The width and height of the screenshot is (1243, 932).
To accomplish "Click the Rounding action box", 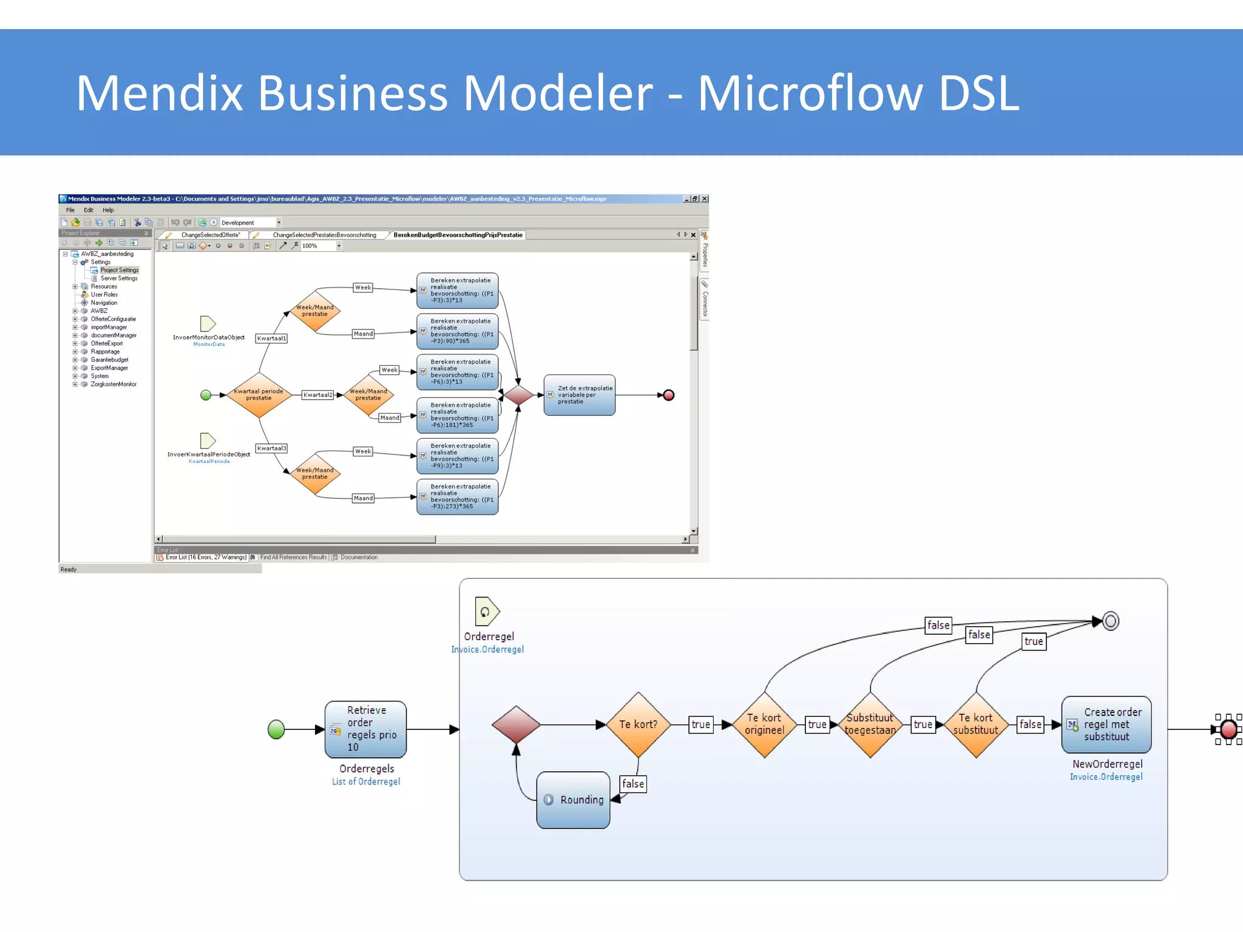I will (x=573, y=800).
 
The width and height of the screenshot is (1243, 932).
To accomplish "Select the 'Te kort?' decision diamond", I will (x=638, y=724).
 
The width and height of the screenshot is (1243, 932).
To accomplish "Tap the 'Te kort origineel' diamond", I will (x=764, y=724).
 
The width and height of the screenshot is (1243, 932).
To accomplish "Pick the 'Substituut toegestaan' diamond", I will (x=870, y=724).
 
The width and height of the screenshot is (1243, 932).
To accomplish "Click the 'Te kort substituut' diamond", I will (x=975, y=724).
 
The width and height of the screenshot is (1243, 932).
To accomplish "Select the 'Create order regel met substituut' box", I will (x=1106, y=724).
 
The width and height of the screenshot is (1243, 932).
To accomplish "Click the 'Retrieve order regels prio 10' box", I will (x=365, y=729).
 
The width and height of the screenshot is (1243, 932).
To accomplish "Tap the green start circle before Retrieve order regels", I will (x=276, y=729).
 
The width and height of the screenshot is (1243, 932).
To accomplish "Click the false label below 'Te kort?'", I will (x=633, y=784).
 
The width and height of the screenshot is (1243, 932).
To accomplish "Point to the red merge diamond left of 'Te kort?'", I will (x=516, y=724).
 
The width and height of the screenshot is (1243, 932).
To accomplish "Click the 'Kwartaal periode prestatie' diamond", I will (x=259, y=395).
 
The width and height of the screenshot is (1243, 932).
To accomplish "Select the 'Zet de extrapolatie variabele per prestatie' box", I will (x=579, y=395).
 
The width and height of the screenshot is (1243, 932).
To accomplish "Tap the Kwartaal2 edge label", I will (x=318, y=395).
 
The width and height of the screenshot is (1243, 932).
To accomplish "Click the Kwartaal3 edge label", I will (x=271, y=448).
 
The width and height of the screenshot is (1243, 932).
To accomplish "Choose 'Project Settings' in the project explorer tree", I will (x=119, y=270).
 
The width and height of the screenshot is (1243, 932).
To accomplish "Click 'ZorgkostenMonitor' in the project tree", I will (x=113, y=384).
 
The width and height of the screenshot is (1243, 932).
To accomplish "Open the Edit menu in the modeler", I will (x=89, y=210).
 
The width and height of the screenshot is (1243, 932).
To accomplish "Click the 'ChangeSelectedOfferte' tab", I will (x=210, y=235).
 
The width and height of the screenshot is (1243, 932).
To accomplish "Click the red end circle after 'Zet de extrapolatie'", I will (x=669, y=395).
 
